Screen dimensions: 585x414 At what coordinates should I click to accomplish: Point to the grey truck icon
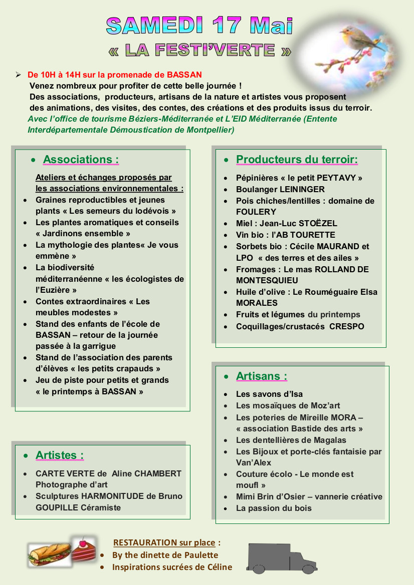coord(281,557)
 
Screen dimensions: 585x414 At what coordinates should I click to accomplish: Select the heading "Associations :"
coord(81,160)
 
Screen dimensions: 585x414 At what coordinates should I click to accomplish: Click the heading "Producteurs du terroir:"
coord(297,160)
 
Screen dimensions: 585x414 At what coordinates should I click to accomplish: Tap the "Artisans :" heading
coord(262,376)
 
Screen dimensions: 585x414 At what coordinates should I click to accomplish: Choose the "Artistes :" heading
coord(60,455)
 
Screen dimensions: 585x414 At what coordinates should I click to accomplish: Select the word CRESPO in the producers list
coord(347,327)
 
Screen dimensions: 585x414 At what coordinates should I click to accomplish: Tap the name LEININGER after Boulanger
coord(302,190)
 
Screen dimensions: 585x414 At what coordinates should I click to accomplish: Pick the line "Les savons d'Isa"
coord(269,394)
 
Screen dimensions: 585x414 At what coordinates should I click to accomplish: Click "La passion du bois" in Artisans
coord(274,508)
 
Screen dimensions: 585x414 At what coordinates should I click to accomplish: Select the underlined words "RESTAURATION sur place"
coord(165,542)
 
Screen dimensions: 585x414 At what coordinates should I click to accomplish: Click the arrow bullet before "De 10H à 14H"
coord(18,75)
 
